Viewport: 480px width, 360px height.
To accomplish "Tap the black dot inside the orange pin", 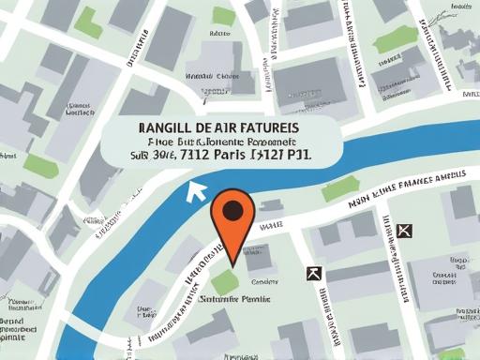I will tap(231, 209).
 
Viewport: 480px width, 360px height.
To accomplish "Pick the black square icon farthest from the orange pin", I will tap(404, 231).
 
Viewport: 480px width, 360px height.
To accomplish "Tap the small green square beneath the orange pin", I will tap(224, 280).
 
